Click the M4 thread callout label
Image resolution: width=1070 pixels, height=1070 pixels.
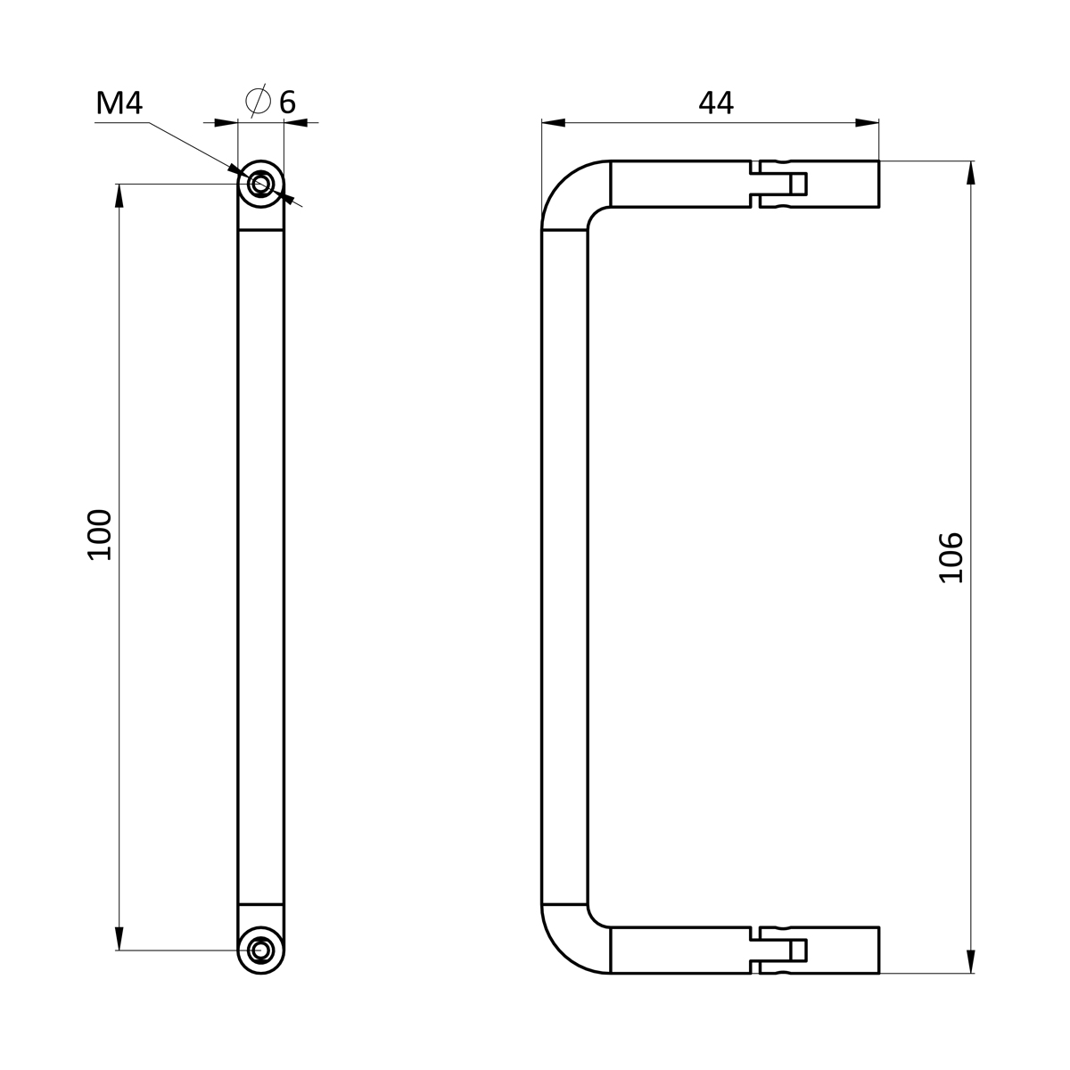(x=119, y=103)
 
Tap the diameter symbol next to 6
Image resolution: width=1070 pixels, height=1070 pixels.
(x=258, y=101)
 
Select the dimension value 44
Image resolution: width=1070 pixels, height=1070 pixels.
(x=716, y=103)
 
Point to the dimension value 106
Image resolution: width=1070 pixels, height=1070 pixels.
(x=951, y=557)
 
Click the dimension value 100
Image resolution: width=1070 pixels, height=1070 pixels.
(x=100, y=534)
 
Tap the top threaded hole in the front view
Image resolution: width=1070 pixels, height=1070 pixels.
(x=260, y=184)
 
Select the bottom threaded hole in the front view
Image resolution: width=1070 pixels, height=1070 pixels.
(x=260, y=950)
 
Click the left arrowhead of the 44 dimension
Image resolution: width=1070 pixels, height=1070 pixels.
(x=553, y=123)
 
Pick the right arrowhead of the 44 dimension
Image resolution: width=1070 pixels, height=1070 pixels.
(x=868, y=123)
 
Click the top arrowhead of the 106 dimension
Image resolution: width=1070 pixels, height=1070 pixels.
(x=971, y=173)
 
